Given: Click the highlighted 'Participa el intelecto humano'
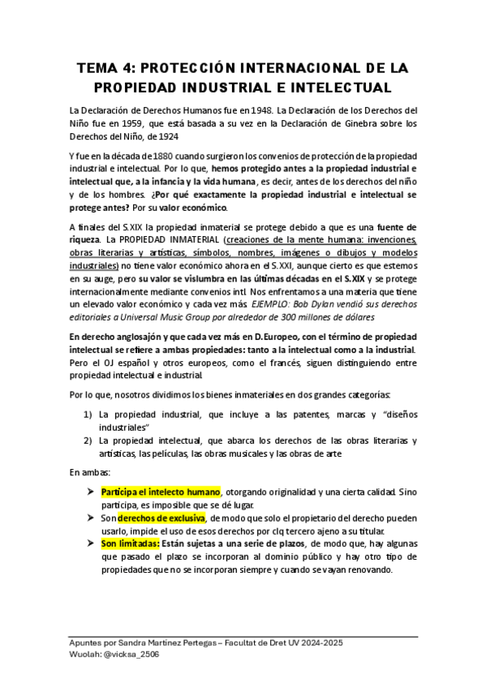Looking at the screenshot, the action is tap(161, 492).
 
